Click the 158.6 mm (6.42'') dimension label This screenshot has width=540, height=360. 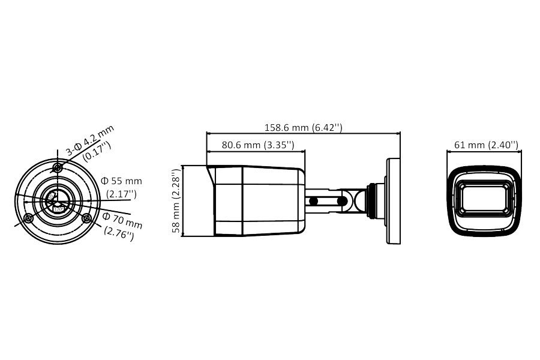click(x=304, y=127)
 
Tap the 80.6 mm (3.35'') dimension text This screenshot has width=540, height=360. click(x=258, y=145)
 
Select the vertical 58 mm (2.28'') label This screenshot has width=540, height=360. click(x=176, y=201)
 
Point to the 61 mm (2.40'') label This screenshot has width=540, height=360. click(x=486, y=145)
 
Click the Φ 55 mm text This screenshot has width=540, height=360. click(x=121, y=181)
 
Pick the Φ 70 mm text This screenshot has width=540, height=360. click(x=122, y=220)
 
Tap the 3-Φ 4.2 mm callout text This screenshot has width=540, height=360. click(x=89, y=140)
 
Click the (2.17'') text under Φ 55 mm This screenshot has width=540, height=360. click(x=121, y=194)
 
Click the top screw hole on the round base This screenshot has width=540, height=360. click(x=57, y=168)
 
